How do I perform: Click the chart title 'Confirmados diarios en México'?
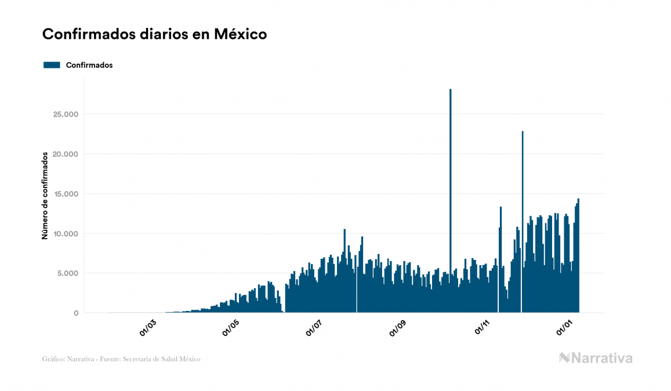pyautogui.click(x=154, y=34)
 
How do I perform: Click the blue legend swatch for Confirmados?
pyautogui.click(x=52, y=65)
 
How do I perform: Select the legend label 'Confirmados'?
pyautogui.click(x=89, y=65)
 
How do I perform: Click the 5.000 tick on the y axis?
pyautogui.click(x=66, y=273)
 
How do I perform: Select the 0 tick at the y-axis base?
pyautogui.click(x=75, y=313)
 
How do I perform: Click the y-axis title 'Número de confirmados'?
pyautogui.click(x=45, y=195)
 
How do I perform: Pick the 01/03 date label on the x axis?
pyautogui.click(x=148, y=328)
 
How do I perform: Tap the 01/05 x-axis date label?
pyautogui.click(x=231, y=328)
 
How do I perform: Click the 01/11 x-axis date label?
pyautogui.click(x=483, y=328)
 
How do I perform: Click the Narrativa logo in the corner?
pyautogui.click(x=596, y=358)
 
